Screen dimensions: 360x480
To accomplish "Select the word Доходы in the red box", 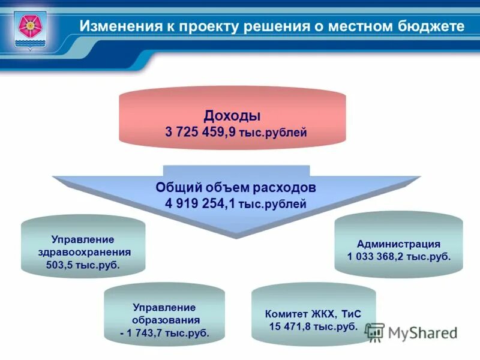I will (x=232, y=115).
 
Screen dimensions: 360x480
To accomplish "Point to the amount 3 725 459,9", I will (x=201, y=131).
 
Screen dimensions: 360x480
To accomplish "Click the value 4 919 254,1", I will (x=200, y=203).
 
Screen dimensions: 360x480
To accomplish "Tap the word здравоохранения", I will (x=83, y=251).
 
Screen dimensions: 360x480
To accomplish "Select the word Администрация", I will (x=398, y=244).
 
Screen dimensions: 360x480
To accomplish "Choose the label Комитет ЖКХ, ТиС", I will (x=313, y=313).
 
